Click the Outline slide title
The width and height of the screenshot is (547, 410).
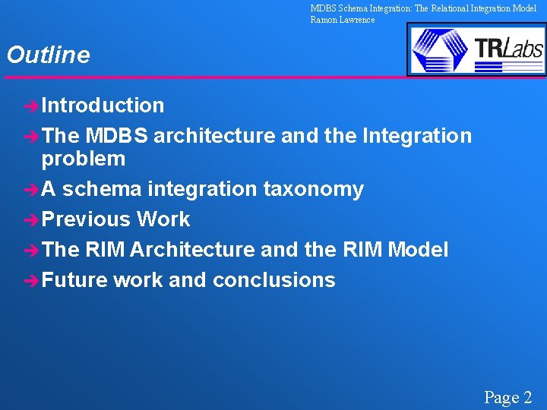pos(48,55)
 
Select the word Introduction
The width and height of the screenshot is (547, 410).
pos(103,106)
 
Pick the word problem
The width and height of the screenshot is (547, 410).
pos(84,159)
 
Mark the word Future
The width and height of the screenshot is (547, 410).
pos(74,280)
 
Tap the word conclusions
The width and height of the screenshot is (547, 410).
pos(273,280)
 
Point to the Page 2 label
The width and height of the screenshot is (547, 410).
pos(508,397)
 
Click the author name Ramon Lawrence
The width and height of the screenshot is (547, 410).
pos(342,20)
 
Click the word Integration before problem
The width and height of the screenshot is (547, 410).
pos(417,136)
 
